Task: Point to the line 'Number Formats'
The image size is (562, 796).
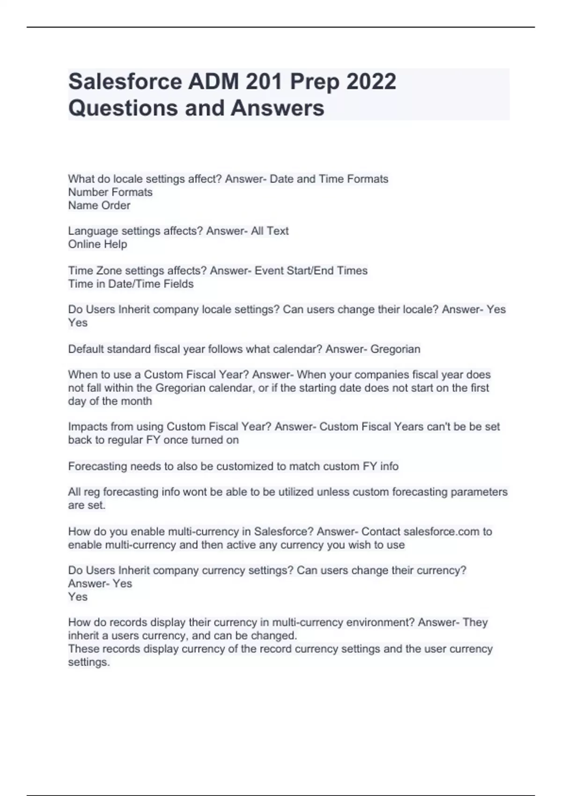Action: click(x=110, y=192)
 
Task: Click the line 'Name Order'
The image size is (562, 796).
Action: click(x=99, y=205)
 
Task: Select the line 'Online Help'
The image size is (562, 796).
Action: click(x=97, y=244)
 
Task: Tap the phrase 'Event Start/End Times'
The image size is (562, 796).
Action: click(x=311, y=270)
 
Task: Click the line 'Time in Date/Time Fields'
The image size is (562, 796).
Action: click(x=131, y=284)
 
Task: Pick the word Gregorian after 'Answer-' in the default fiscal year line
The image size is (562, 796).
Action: click(x=395, y=349)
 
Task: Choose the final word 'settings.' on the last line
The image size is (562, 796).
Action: click(x=89, y=662)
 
